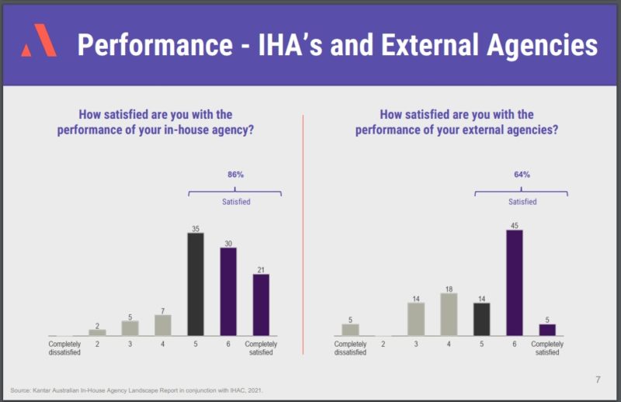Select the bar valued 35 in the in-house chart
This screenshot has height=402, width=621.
196,284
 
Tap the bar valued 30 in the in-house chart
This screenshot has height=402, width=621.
228,292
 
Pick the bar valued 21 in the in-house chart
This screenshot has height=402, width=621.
261,305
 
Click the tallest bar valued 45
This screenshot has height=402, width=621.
515,282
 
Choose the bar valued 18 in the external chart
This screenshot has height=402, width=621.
449,314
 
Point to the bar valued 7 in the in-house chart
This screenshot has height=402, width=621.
162,325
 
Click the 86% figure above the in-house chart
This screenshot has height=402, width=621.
235,175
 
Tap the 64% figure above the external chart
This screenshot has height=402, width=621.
522,175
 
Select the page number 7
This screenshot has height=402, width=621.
598,379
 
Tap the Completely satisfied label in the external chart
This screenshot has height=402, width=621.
547,348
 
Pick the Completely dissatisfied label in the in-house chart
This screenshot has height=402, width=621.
64,348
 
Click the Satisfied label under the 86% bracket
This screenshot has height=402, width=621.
235,202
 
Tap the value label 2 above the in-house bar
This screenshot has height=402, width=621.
97,324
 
